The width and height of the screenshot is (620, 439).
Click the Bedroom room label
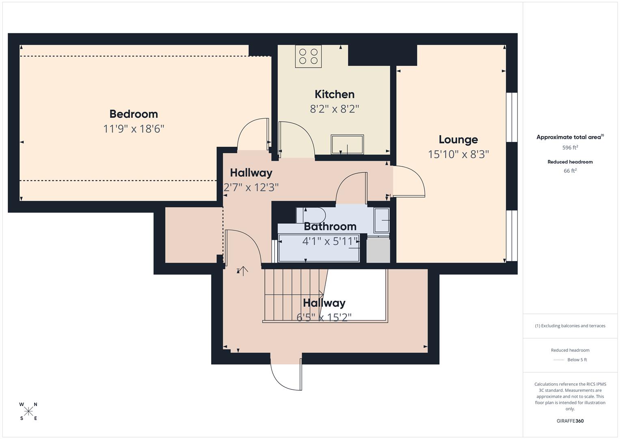coord(134,114)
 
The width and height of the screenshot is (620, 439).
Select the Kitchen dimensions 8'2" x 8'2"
coord(335,109)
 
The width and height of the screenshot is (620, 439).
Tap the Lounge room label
coord(458,139)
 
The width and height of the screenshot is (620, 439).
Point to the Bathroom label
coord(330,226)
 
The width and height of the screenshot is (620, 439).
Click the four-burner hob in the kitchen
coord(308,57)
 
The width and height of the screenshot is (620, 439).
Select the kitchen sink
coord(347,144)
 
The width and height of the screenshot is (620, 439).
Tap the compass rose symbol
coord(28,411)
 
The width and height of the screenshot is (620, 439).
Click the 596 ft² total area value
coord(570,148)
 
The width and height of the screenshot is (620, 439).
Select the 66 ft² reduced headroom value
coord(570,171)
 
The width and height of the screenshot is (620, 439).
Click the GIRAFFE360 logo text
coord(570,421)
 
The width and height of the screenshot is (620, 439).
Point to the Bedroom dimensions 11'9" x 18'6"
coord(134,129)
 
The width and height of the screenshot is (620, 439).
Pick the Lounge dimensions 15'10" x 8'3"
coord(458,154)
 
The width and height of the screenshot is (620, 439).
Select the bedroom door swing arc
coord(253,134)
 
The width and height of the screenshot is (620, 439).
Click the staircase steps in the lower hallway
coord(292,295)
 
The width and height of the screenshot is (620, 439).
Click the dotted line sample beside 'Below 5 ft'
coord(559,360)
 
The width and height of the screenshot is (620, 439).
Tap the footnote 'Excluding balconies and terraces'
coord(570,326)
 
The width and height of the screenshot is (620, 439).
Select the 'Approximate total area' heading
coord(570,137)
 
